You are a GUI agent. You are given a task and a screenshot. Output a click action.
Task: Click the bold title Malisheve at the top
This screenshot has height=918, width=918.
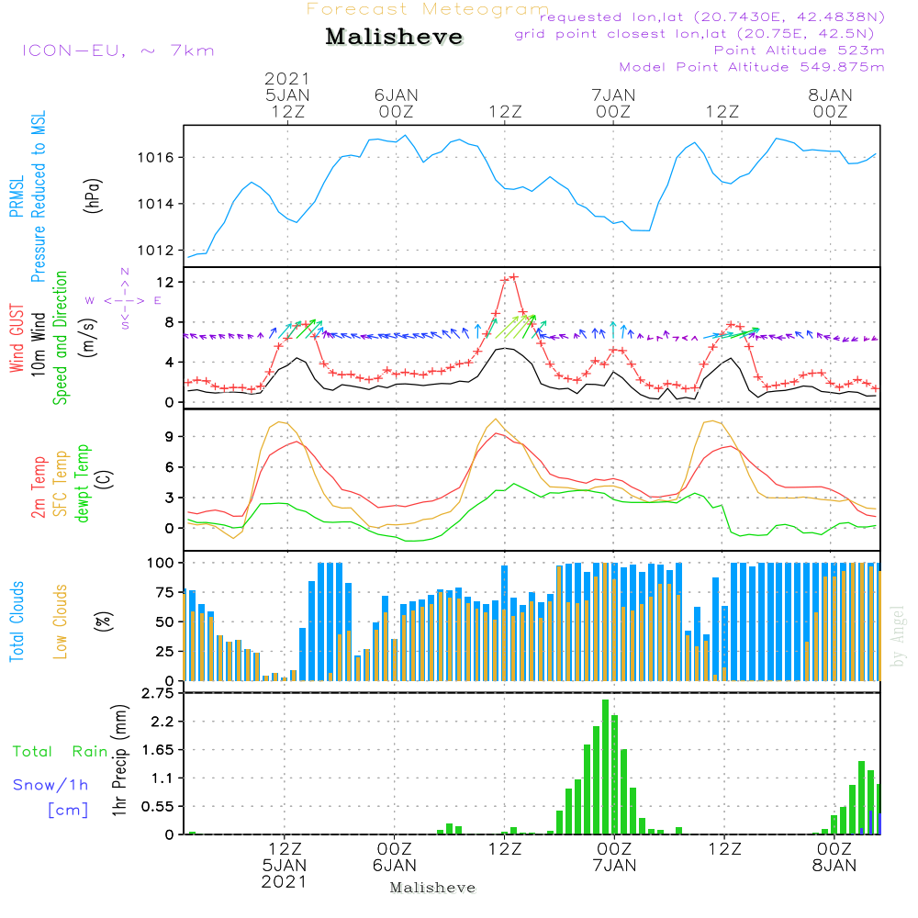click(x=394, y=38)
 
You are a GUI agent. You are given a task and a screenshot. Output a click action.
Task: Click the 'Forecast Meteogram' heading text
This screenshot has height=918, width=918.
click(x=428, y=10)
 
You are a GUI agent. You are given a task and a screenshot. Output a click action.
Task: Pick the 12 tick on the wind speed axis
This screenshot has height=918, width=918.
click(x=165, y=281)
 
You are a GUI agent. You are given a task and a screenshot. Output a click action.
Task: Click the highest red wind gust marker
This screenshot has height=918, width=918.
click(x=514, y=276)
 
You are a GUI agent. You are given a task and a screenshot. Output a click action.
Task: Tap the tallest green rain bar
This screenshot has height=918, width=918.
click(x=605, y=767)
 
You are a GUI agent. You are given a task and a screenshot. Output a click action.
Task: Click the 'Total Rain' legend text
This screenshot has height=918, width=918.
click(x=61, y=752)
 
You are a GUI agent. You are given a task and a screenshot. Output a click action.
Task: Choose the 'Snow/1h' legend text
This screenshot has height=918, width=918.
click(x=51, y=785)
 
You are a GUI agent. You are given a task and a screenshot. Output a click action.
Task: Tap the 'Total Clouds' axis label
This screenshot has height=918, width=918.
click(x=17, y=621)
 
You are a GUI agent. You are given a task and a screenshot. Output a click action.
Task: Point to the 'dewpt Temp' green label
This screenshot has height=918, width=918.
click(x=83, y=484)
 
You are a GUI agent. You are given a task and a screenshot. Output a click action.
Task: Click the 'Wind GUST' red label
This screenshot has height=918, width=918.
click(x=17, y=341)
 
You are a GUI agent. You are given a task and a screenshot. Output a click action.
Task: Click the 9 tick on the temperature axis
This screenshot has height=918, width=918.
click(x=169, y=437)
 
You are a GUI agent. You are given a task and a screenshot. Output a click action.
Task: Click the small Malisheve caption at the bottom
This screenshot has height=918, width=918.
click(x=432, y=888)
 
